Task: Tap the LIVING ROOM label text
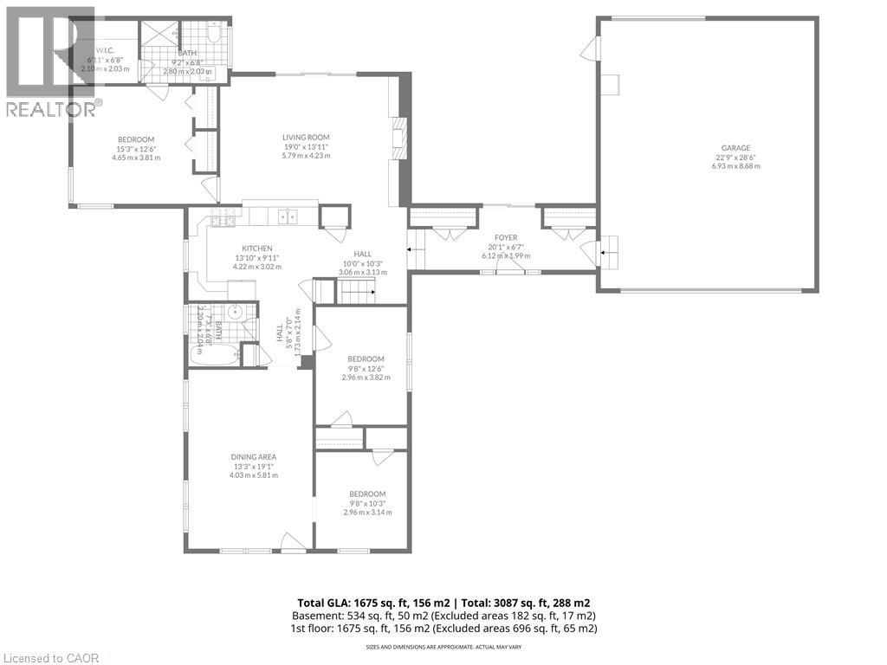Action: coord(306,137)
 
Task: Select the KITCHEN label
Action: coord(257,248)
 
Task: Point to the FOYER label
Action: coord(506,237)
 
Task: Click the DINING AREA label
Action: coord(253,456)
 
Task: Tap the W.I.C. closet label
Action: coord(105,50)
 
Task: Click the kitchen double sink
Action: coord(286,216)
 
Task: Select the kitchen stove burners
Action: coord(223,221)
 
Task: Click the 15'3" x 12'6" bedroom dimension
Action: coord(136,149)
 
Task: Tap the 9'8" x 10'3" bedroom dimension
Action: coord(367,503)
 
